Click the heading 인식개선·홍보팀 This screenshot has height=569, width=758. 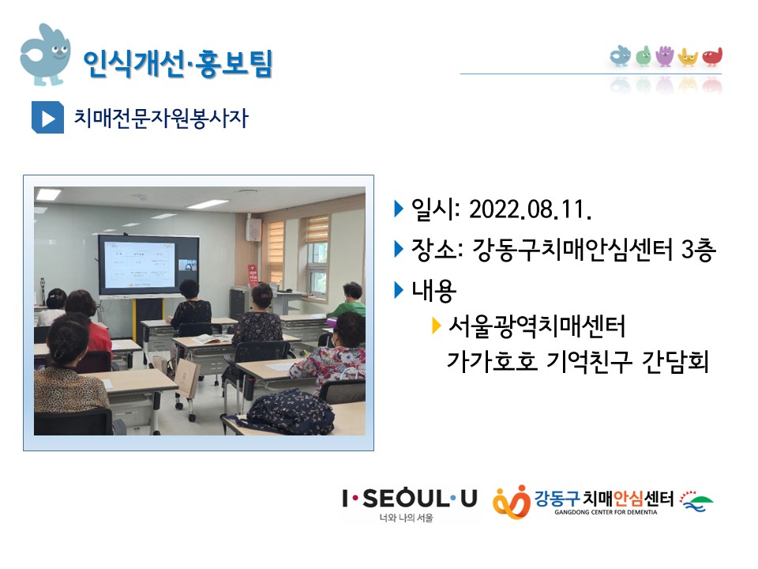[x=178, y=63]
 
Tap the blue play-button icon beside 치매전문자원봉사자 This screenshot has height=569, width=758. [x=47, y=117]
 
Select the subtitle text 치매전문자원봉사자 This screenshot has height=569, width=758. [x=161, y=118]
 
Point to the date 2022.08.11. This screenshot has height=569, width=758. [x=531, y=209]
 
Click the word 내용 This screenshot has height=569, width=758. [x=433, y=290]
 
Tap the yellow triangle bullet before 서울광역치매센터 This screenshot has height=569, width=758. [x=436, y=326]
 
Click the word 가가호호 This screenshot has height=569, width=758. [x=492, y=361]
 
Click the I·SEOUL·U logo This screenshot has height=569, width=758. [x=410, y=503]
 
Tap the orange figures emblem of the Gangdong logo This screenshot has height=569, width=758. [x=512, y=502]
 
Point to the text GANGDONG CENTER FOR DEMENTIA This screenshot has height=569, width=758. [x=606, y=512]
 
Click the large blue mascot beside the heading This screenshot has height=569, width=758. [x=45, y=55]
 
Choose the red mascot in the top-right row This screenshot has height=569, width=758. [x=712, y=57]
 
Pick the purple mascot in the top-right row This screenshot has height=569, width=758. [x=665, y=56]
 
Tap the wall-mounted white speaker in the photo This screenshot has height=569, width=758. [x=253, y=229]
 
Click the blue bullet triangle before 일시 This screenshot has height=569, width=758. [x=399, y=209]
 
